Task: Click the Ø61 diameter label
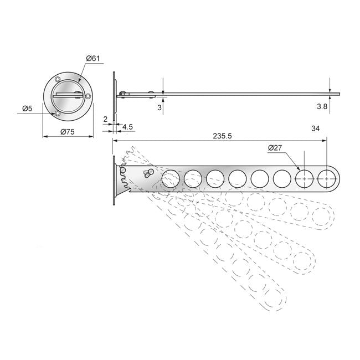point(93,58)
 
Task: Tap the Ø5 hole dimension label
point(27,108)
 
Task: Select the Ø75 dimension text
point(68,132)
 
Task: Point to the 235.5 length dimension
point(222,136)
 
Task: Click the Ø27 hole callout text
point(275,148)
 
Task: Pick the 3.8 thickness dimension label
point(322,106)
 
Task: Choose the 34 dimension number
point(315,128)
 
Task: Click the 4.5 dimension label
point(127,127)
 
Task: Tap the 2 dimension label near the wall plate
point(105,119)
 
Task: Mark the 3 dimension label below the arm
point(160,107)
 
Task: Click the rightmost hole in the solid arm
point(326,179)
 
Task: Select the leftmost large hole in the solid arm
point(171,179)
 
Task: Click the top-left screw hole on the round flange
point(58,79)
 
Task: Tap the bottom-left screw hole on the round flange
point(58,114)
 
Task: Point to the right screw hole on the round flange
point(88,96)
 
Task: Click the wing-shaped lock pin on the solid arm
point(149,173)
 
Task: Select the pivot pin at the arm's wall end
point(123,170)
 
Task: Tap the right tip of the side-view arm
point(340,94)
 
